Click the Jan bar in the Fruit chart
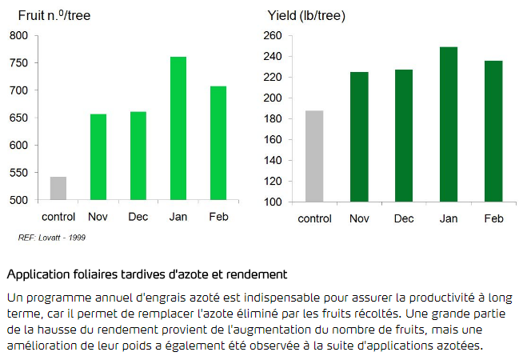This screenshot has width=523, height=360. tap(178, 128)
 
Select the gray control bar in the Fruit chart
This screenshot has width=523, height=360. tap(58, 188)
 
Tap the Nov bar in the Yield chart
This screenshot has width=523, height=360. tap(359, 136)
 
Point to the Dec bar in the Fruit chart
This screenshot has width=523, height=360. tap(138, 156)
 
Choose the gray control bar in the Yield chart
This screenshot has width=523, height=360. tap(314, 156)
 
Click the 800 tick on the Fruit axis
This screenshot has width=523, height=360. tap(18, 36)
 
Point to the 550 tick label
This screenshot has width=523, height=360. tap(18, 173)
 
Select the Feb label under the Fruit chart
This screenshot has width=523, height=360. tap(218, 216)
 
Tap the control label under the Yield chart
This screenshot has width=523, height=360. tap(314, 218)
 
